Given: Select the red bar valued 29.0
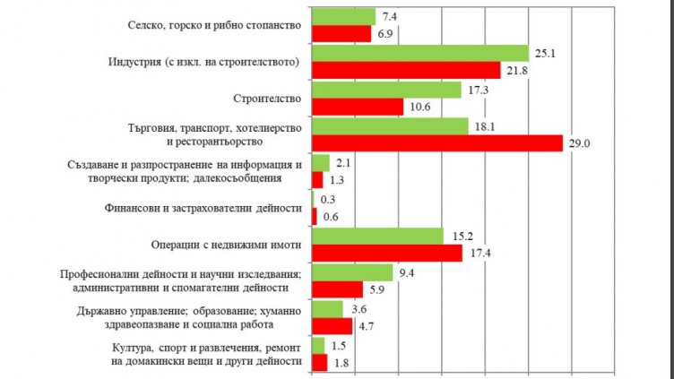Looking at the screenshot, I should coord(436,143).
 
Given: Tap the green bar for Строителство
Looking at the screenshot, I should coord(386,90).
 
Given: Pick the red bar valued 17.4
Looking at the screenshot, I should coord(386,254).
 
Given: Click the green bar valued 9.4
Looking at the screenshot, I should coord(351,272).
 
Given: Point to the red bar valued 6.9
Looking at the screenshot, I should coord(341,33).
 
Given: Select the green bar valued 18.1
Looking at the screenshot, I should coord(389,127).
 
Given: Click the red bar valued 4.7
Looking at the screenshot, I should coord(331,326).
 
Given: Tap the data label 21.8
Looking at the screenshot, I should coord(515,70).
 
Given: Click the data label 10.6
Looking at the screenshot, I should coord(419,107).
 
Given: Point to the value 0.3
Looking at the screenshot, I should coord(327,199).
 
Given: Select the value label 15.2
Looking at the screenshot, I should coord(458,236).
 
